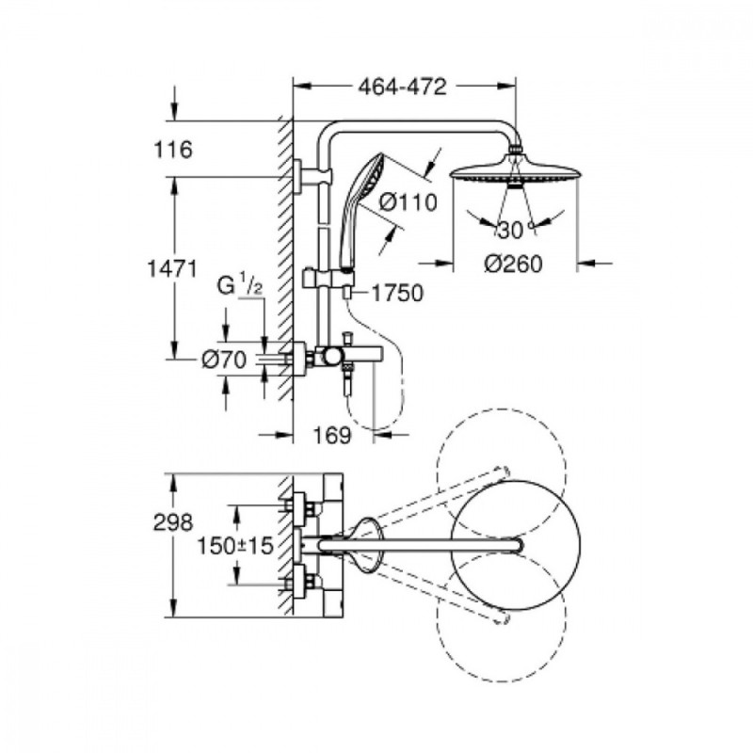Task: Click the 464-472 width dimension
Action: point(403,87)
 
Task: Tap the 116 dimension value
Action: point(173,150)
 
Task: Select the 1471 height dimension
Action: point(172,269)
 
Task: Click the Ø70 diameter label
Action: point(224,360)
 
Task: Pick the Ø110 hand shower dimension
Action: point(409,202)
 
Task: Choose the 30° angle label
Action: point(515,231)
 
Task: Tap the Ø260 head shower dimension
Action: point(513,264)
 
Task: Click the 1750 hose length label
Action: point(398,293)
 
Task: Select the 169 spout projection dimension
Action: point(332,436)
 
